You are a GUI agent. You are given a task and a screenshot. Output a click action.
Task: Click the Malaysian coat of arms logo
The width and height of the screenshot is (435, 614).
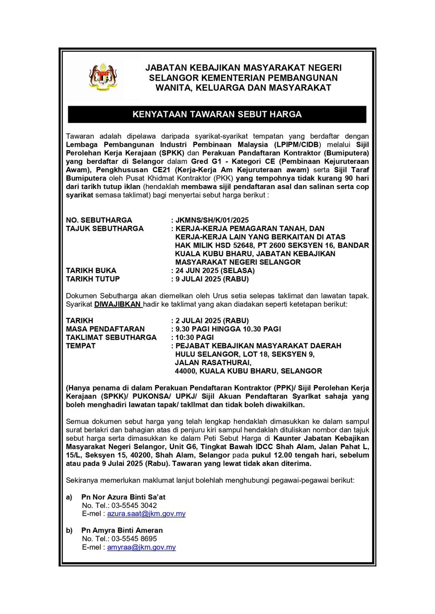coord(103,77)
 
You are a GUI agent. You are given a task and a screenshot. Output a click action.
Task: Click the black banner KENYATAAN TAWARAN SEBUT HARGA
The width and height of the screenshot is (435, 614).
coord(217,115)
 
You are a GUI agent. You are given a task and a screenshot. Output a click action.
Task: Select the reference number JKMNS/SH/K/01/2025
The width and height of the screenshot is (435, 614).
coord(212,220)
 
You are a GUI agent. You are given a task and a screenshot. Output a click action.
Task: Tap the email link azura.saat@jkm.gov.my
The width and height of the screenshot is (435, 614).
coord(146,514)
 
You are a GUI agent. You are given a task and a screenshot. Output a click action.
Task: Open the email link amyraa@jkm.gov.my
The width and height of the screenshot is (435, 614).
coord(141,547)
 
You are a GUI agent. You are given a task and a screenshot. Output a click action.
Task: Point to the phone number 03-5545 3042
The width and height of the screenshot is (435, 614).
coord(134,506)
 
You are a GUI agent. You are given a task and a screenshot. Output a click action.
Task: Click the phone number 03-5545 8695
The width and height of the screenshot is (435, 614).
coord(134,539)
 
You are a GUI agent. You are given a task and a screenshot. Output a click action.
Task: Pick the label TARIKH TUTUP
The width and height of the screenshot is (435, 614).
coord(93,279)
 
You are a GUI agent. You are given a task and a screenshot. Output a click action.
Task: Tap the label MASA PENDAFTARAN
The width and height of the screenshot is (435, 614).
coord(105,329)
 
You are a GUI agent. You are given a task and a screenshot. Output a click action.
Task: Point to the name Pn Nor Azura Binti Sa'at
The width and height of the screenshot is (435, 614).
coord(123,497)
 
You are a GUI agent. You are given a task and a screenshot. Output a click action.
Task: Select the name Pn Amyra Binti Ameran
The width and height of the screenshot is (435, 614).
coord(122,531)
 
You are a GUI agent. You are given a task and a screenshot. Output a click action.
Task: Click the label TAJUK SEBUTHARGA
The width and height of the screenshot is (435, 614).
coord(105,229)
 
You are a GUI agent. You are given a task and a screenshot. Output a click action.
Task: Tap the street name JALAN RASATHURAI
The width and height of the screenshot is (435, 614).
coord(210,363)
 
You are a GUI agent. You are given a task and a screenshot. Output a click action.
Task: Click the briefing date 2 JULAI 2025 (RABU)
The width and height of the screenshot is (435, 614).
coord(212,320)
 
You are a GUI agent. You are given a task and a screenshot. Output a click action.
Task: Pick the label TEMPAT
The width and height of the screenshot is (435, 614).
coord(81,346)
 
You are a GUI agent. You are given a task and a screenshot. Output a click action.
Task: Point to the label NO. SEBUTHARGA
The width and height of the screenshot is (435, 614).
coord(99,220)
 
